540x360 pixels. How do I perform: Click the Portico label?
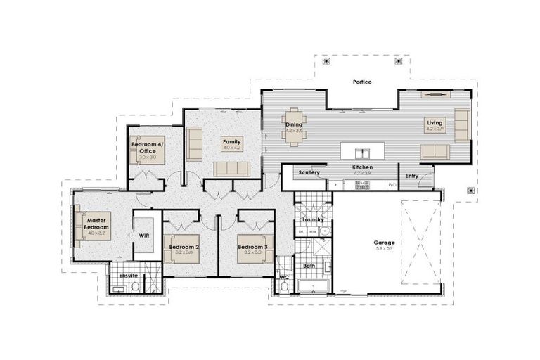(x=362, y=82)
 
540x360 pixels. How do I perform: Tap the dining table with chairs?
(x=293, y=127)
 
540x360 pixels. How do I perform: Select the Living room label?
(x=435, y=123)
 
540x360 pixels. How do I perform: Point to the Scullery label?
(x=309, y=172)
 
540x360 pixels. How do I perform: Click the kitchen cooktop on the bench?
(x=363, y=185)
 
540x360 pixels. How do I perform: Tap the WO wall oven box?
(x=392, y=185)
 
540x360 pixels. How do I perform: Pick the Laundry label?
(x=313, y=219)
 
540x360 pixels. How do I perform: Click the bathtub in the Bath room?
(x=314, y=285)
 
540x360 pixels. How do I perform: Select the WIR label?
(x=144, y=236)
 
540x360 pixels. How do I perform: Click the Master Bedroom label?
(x=96, y=223)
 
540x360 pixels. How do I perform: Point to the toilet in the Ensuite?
(x=136, y=286)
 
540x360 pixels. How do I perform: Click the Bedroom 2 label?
(x=184, y=247)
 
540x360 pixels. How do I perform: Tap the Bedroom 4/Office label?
(x=147, y=147)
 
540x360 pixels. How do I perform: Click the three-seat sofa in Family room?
(x=232, y=169)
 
